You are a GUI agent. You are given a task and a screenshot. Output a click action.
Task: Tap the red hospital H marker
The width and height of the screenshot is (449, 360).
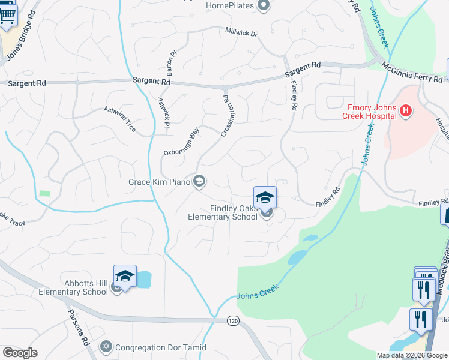[x=406, y=110]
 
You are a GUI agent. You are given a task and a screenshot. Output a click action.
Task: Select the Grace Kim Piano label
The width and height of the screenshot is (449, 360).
[x=160, y=181]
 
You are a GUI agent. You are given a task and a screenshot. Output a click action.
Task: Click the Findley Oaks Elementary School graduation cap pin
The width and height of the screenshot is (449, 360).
[x=265, y=197]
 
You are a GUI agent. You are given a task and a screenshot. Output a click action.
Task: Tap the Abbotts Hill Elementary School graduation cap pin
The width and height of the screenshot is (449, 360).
[x=125, y=276]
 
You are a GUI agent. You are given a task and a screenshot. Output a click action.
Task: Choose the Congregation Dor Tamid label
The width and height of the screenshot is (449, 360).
[x=160, y=347]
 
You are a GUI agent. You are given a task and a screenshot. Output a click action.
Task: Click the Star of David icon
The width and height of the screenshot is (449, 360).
[x=106, y=347]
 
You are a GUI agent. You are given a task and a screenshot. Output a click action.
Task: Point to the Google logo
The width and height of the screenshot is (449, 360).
[x=20, y=353]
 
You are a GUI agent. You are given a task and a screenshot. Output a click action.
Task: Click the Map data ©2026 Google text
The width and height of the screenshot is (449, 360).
[x=411, y=355]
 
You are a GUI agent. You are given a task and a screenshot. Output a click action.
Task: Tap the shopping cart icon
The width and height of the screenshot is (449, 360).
[x=7, y=16]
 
